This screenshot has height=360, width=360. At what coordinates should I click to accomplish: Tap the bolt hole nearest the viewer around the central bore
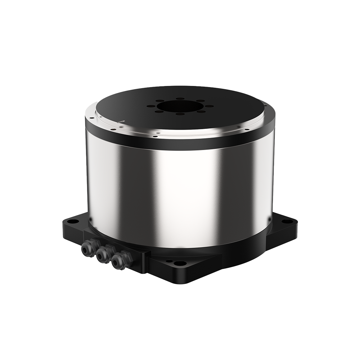click(x=180, y=114)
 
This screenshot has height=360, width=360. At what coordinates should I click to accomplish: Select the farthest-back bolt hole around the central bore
click(x=180, y=98)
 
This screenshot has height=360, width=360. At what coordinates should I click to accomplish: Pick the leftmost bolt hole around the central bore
click(x=149, y=106)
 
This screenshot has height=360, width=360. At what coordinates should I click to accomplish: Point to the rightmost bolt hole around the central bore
click(x=211, y=106)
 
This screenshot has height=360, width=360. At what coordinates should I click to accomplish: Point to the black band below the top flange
click(x=180, y=143)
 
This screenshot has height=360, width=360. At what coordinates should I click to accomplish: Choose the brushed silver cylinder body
click(x=180, y=191)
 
